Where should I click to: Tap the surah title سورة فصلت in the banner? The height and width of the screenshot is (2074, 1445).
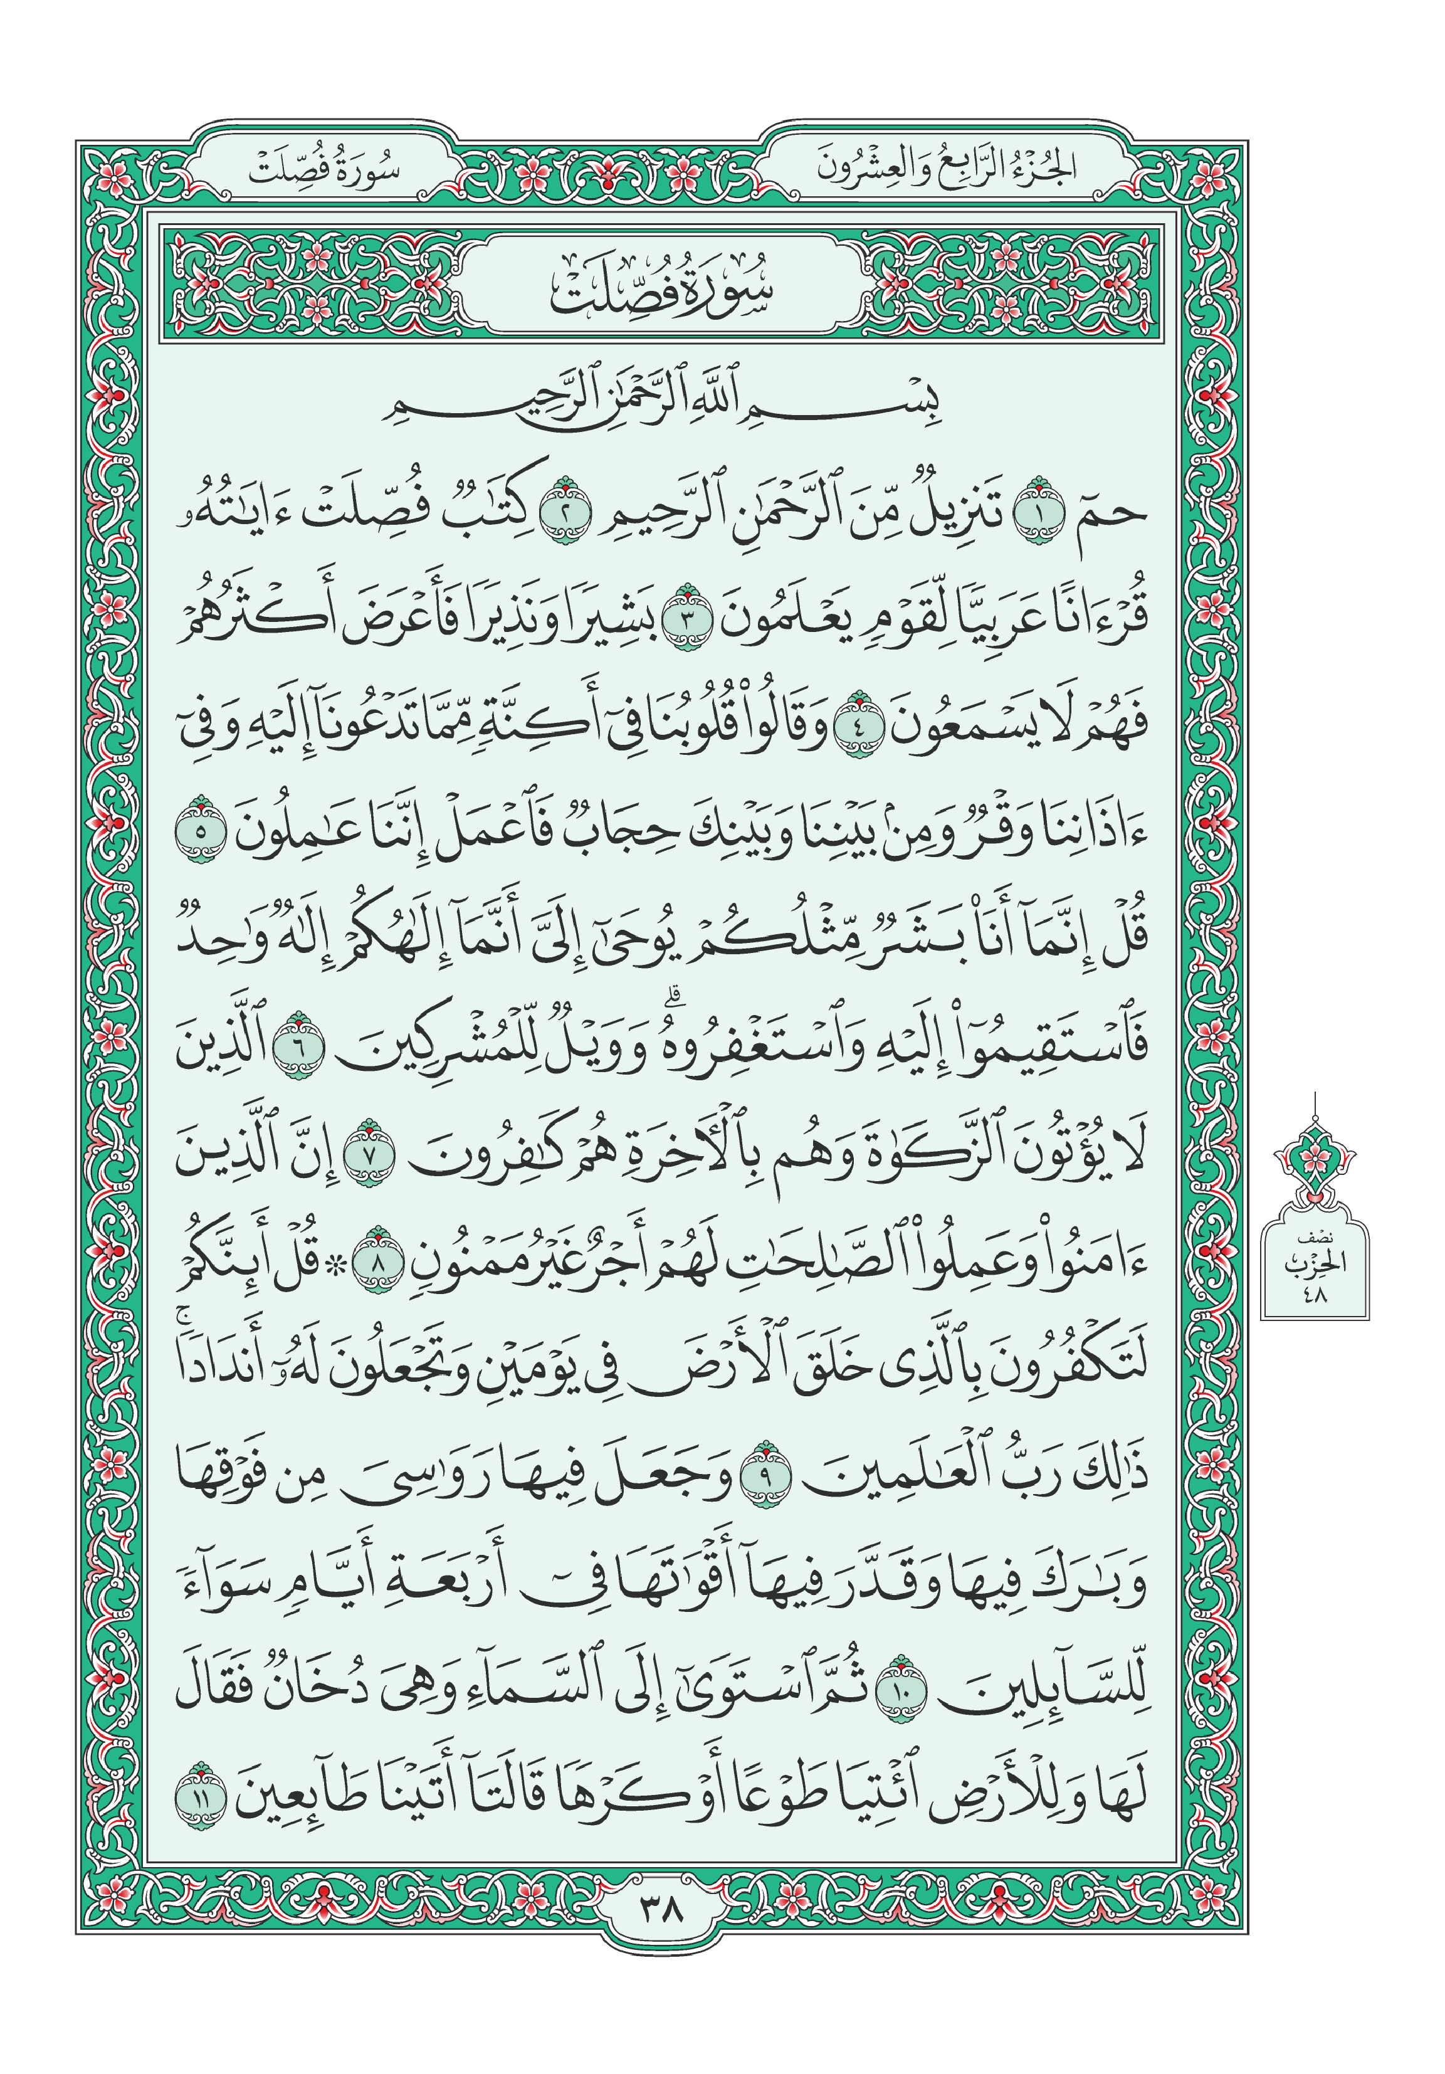[x=661, y=287]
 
